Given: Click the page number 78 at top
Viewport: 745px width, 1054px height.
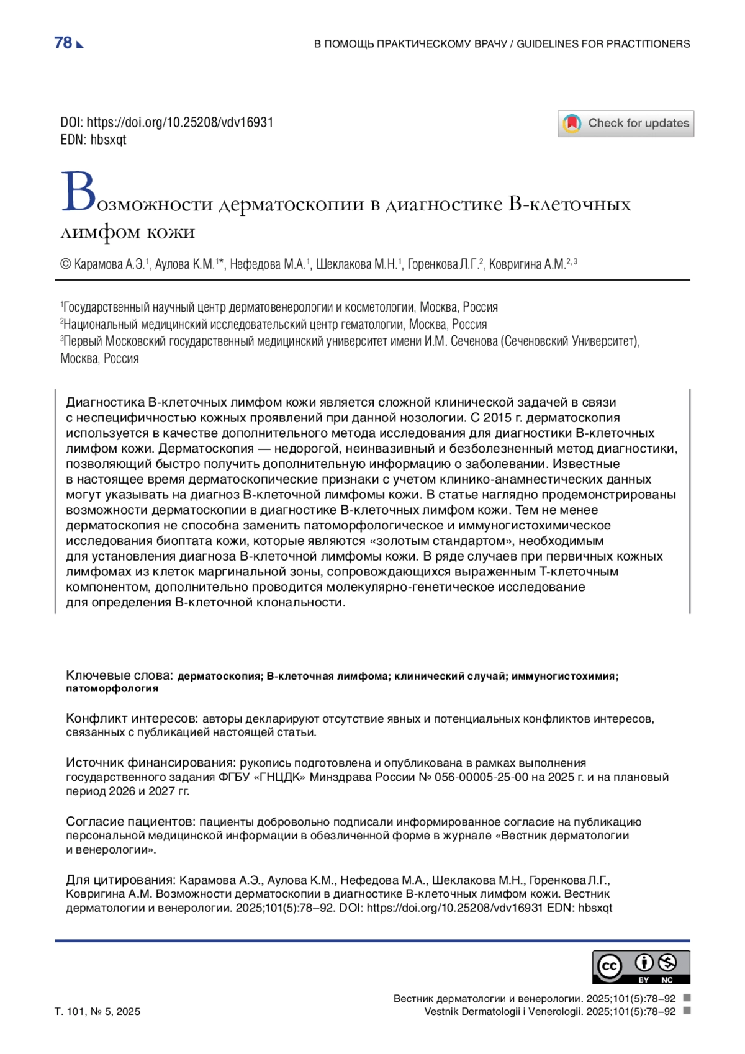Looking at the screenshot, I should (63, 43).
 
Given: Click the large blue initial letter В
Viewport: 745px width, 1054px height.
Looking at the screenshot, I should (78, 192).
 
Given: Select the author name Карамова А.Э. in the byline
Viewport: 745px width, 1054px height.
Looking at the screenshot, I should (108, 264).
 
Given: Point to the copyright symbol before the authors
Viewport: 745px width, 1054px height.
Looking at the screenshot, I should (65, 264).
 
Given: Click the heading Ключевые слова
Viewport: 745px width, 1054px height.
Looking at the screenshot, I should (119, 675).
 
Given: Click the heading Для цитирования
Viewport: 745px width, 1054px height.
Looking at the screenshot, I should (120, 880).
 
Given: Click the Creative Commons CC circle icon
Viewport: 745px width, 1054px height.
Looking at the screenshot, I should (609, 966).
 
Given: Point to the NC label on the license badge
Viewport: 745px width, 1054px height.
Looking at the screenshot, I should (667, 980).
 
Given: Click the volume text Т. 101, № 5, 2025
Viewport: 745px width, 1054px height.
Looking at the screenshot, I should (97, 1011).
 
